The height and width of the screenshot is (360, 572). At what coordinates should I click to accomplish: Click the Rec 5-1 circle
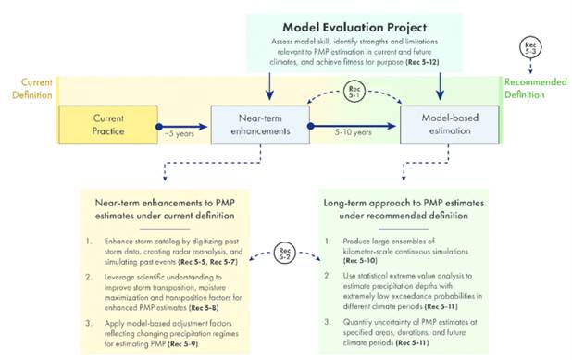pos(354,93)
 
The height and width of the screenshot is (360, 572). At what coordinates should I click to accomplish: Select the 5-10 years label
pos(354,135)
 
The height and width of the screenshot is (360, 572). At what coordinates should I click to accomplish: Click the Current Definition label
pos(28,89)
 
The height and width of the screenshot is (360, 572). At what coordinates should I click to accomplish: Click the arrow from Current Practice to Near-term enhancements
pos(182,123)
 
